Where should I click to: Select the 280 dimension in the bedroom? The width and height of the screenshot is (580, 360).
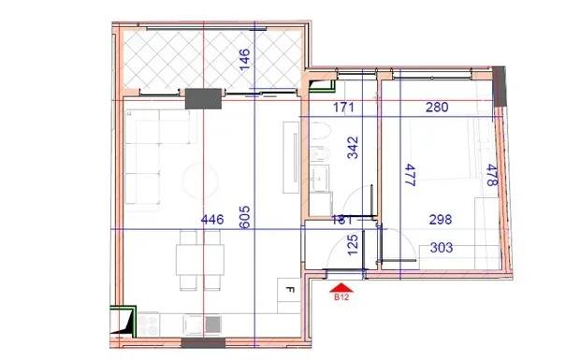[436, 108]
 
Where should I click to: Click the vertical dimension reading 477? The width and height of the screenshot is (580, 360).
[408, 177]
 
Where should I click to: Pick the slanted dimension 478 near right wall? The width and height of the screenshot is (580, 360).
[491, 176]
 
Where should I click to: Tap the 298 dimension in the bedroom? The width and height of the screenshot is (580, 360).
[440, 221]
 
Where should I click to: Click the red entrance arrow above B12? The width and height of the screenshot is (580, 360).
[341, 287]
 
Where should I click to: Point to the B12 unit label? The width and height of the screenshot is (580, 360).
[341, 300]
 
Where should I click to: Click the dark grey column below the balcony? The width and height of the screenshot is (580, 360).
[202, 99]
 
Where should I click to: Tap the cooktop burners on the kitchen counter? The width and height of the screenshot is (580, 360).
[147, 325]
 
